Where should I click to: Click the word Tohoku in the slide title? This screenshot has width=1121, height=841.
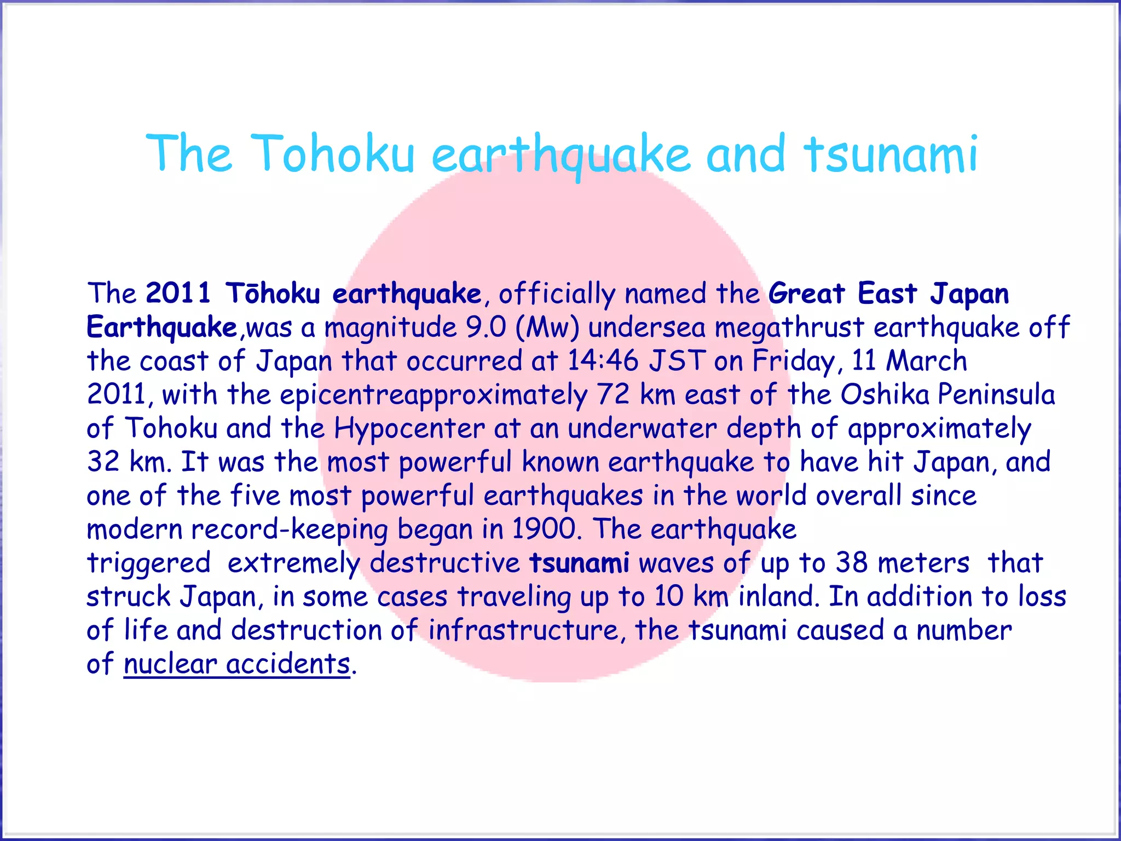click(335, 154)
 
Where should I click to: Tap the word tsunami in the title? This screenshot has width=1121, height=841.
click(891, 154)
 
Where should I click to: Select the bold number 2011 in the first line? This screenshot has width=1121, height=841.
click(178, 293)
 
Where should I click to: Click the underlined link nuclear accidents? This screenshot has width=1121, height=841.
click(236, 664)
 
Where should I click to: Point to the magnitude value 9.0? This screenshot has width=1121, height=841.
click(486, 327)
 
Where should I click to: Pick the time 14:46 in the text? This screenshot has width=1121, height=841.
click(603, 361)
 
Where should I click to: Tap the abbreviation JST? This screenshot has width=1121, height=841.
click(677, 361)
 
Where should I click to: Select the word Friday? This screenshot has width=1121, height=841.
click(793, 361)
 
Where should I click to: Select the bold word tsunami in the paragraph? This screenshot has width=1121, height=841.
click(579, 563)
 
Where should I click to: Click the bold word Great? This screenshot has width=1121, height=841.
click(807, 293)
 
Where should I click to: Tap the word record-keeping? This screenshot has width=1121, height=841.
click(290, 529)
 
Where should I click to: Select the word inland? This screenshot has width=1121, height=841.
click(778, 597)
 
